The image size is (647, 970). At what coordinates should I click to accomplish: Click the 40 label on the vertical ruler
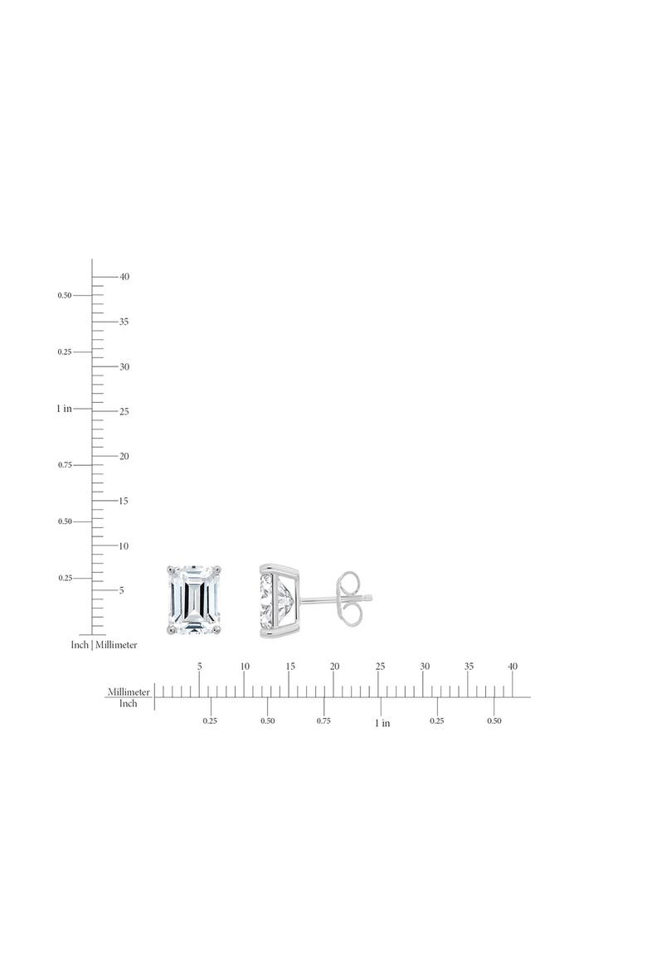tap(124, 277)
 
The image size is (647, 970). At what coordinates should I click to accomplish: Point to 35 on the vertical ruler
tap(124, 322)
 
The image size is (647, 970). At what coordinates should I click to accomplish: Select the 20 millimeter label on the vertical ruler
tap(124, 456)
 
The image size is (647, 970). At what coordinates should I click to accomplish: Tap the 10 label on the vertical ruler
tap(124, 546)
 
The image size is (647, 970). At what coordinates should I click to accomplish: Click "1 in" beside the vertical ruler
tap(65, 408)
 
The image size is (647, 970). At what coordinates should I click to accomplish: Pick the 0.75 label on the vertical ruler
tap(65, 464)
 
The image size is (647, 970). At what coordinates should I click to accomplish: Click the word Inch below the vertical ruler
tap(80, 645)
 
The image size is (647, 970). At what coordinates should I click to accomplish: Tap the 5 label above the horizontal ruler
tap(199, 667)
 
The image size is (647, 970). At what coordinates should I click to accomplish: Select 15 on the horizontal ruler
tap(290, 667)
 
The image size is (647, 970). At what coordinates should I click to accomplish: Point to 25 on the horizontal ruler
tap(380, 667)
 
